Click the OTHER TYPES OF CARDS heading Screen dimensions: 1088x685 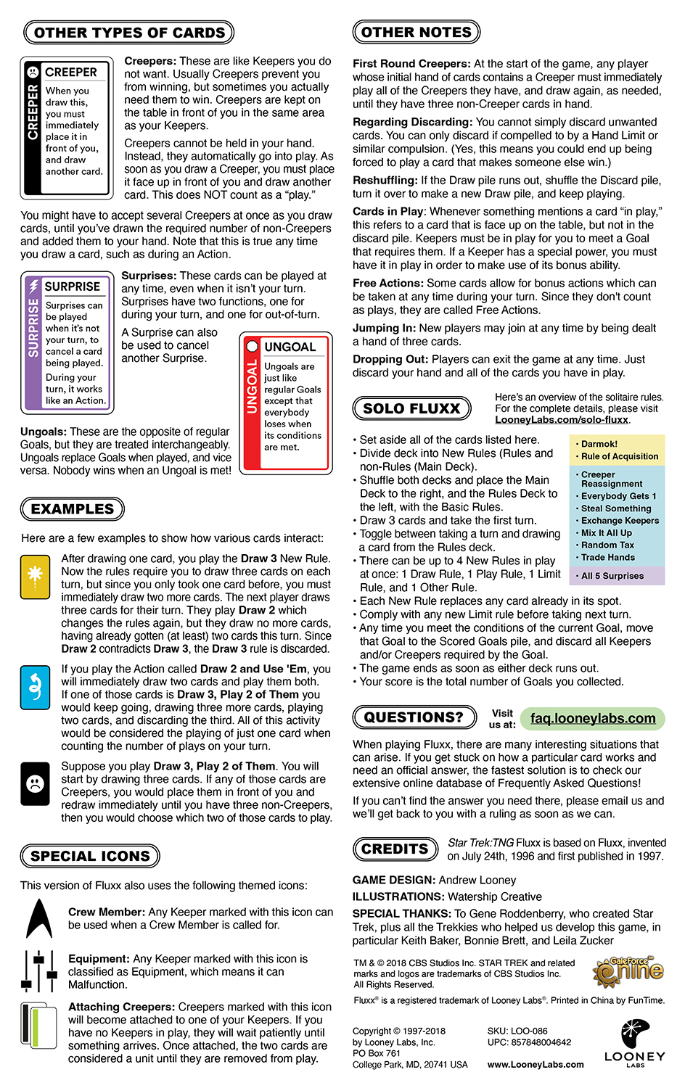coord(129,33)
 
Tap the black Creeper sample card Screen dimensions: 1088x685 coord(67,128)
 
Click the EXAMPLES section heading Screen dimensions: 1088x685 coord(73,509)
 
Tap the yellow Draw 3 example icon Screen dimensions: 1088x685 coord(35,576)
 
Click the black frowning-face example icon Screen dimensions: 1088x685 coord(35,784)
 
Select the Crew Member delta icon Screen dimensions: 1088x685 coord(38,919)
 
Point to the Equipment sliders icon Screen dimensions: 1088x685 coord(38,971)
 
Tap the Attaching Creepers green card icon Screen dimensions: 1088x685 coord(38,1030)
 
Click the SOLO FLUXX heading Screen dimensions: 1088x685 coord(411,409)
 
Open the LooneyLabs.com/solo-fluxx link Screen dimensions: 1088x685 coord(562,420)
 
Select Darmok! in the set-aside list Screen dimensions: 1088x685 coord(599,444)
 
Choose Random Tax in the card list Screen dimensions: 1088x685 coord(607,545)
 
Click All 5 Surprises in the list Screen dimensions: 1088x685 coord(612,576)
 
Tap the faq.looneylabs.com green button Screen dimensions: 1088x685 coord(592,718)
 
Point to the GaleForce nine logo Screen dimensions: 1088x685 coord(628,969)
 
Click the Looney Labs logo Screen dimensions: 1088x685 coord(634,1042)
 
